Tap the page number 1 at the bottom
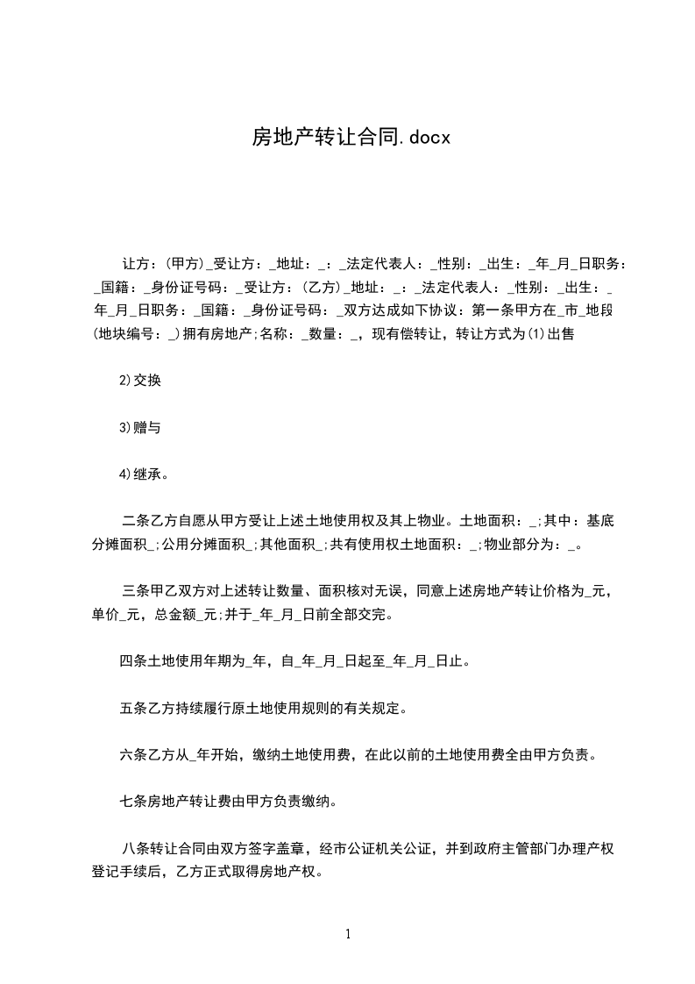coord(349,934)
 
